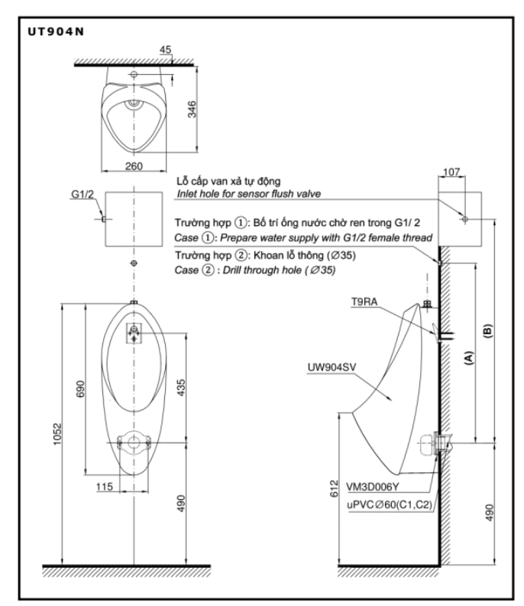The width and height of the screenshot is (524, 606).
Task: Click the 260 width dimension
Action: (134, 166)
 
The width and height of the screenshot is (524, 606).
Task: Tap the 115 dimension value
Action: (105, 485)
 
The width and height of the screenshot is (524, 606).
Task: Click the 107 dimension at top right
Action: (451, 173)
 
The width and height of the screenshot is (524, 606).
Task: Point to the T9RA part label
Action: (363, 303)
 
